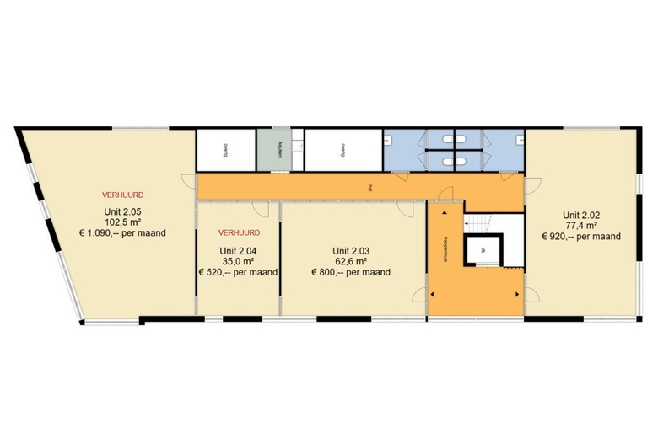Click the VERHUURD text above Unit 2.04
[239, 232]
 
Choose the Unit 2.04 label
[239, 251]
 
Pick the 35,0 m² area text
[239, 261]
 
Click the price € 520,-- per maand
[239, 272]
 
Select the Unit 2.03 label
[351, 251]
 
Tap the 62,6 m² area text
[351, 261]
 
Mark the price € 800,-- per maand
[351, 272]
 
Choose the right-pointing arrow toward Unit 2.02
[515, 294]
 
